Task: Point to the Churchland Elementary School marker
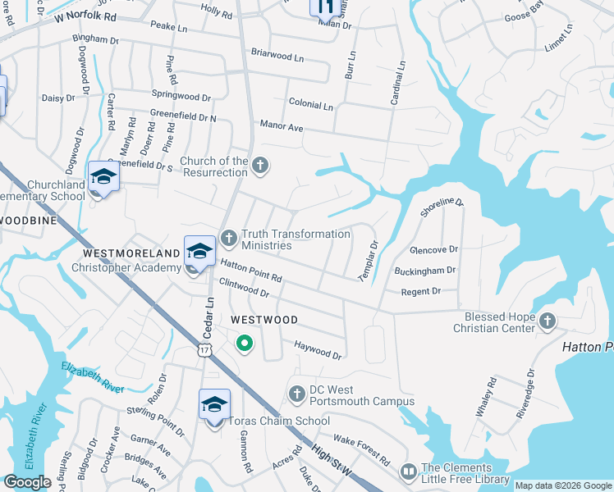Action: click(104, 178)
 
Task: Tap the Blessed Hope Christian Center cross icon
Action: click(548, 321)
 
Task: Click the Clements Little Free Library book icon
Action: click(408, 472)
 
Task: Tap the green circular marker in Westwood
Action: click(244, 344)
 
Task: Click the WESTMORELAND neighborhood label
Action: click(132, 253)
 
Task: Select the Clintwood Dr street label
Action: click(245, 287)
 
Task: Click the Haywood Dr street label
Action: click(318, 350)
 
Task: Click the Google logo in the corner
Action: click(27, 482)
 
